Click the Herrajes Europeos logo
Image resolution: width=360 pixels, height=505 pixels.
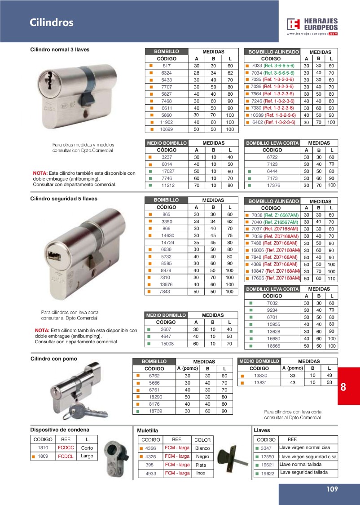click(312, 27)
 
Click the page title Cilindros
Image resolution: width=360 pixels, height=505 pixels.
click(52, 22)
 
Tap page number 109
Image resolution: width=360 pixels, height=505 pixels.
click(332, 489)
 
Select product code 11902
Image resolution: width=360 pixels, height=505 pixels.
click(167, 122)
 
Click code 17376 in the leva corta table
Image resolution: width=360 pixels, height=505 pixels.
click(273, 185)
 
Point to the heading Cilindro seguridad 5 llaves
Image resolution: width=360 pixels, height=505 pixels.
click(63, 198)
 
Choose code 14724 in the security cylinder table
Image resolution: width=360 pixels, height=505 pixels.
click(167, 243)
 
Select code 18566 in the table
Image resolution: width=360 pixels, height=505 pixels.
click(273, 346)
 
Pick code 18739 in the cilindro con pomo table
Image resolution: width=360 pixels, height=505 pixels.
click(155, 411)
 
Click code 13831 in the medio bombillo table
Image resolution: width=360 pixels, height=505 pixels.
click(260, 382)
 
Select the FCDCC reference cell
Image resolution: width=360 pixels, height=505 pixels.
click(66, 448)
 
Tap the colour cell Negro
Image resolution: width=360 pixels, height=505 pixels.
click(202, 456)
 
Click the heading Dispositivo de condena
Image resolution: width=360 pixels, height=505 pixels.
click(60, 430)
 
